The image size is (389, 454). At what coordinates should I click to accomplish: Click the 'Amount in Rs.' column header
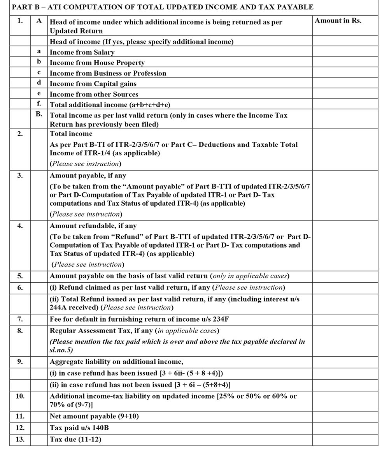[338, 21]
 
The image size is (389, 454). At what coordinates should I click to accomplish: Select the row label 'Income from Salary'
[82, 52]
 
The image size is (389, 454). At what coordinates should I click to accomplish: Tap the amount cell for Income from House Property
[345, 62]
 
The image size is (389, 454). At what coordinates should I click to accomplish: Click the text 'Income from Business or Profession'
[108, 73]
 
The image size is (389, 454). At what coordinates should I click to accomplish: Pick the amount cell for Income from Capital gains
[345, 83]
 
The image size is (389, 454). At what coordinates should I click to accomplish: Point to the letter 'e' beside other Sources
[39, 94]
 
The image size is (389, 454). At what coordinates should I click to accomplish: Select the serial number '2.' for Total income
[20, 134]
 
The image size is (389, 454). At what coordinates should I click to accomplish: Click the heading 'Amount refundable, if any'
[93, 226]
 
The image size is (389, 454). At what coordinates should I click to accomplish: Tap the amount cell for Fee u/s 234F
[345, 319]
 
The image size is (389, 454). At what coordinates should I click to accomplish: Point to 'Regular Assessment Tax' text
[93, 331]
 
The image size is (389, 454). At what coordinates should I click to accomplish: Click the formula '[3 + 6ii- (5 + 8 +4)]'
[191, 373]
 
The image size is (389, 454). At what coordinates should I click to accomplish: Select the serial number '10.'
[20, 396]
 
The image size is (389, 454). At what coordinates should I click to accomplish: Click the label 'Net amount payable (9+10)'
[94, 417]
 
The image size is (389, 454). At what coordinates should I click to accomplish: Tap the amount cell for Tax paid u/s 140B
[345, 428]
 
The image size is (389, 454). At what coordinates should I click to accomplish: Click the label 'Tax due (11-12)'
[75, 440]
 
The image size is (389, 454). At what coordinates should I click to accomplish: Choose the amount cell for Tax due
[345, 440]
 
